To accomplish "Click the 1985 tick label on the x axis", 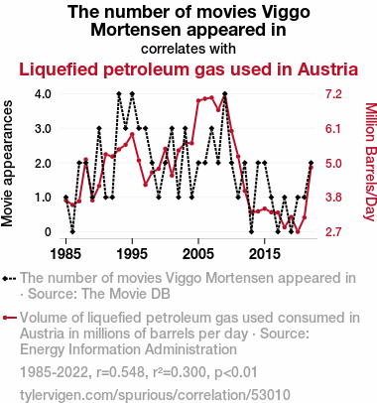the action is click(65, 254).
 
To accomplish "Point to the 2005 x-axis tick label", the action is click(198, 254).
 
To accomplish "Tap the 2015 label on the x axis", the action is click(264, 254).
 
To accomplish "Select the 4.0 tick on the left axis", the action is click(43, 94).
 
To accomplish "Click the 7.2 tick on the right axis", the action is click(333, 94).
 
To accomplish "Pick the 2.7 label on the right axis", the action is click(333, 232).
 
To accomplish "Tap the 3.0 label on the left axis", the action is click(43, 128).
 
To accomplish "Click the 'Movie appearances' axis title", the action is click(7, 164).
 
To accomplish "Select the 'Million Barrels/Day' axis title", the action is click(370, 162).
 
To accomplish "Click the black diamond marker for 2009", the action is click(225, 94).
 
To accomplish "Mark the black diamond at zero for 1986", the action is click(72, 231).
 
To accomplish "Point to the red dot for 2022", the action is click(311, 168).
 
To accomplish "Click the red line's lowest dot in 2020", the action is click(298, 232).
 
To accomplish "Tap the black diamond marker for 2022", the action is click(311, 163).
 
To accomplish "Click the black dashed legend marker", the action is click(9, 279).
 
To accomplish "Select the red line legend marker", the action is click(9, 318).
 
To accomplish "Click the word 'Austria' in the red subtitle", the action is click(327, 69).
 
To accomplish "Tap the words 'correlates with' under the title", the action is click(188, 49).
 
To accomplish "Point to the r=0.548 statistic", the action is click(121, 372).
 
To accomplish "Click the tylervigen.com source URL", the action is click(155, 395).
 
